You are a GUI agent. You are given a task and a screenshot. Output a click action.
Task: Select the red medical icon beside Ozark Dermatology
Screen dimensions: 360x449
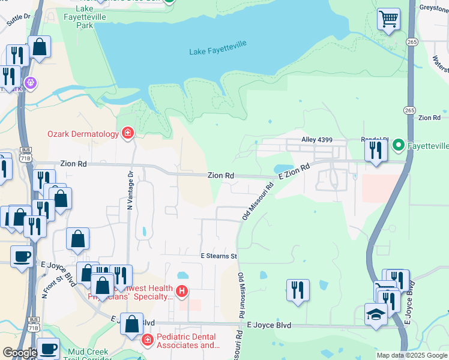(x=127, y=133)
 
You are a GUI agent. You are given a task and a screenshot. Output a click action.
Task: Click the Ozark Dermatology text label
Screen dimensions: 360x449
(x=83, y=134)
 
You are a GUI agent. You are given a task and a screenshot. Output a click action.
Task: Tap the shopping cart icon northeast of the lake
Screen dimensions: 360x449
(x=388, y=19)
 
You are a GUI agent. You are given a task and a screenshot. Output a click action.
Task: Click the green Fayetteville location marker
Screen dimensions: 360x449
(x=397, y=146)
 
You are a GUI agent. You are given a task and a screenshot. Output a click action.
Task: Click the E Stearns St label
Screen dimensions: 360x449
(x=219, y=256)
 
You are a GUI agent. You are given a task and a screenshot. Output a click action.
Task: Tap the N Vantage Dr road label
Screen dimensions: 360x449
(x=129, y=190)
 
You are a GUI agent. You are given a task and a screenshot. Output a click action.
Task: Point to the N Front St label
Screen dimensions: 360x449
(x=49, y=286)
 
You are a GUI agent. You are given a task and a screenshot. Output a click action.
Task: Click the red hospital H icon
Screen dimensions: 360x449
(x=182, y=292)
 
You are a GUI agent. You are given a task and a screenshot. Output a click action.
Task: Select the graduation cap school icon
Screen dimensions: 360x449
(x=376, y=314)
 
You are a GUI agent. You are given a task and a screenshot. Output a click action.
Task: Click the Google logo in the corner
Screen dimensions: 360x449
(x=19, y=352)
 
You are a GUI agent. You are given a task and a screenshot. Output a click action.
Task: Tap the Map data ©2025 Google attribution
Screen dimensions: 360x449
(x=412, y=355)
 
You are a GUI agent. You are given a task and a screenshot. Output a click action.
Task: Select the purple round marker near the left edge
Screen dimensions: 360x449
(x=31, y=82)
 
